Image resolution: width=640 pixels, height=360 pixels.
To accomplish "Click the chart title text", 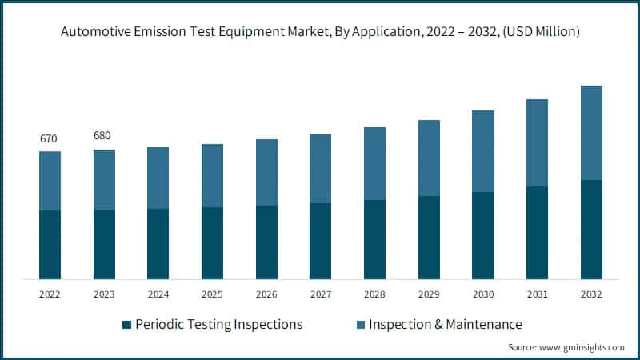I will [319, 32].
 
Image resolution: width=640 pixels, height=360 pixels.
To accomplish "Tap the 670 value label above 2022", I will [50, 139].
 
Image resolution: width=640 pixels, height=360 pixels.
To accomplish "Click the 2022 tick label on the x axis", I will [50, 294].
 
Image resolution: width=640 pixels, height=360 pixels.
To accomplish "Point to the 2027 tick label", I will [320, 294].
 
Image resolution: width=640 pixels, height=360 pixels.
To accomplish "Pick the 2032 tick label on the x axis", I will [590, 294].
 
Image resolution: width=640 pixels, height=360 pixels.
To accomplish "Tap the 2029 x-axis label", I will [429, 294].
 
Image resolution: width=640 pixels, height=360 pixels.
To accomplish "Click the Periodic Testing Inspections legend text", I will [219, 324].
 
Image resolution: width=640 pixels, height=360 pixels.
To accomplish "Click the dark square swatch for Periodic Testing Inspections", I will [126, 325].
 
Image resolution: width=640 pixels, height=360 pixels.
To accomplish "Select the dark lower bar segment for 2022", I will [50, 244].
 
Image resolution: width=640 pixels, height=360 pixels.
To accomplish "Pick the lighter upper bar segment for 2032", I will [590, 133].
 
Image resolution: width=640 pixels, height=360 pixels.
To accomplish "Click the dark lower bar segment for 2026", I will [266, 242].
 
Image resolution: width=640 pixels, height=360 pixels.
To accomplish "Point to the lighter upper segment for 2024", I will [158, 178].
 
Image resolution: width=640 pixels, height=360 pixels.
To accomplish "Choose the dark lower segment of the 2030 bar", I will [482, 235].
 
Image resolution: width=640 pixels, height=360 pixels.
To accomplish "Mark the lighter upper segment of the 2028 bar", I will [374, 163].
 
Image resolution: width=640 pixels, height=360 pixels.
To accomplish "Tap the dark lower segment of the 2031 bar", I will [537, 232].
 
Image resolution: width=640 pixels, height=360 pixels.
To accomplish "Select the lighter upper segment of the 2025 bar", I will [212, 175].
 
